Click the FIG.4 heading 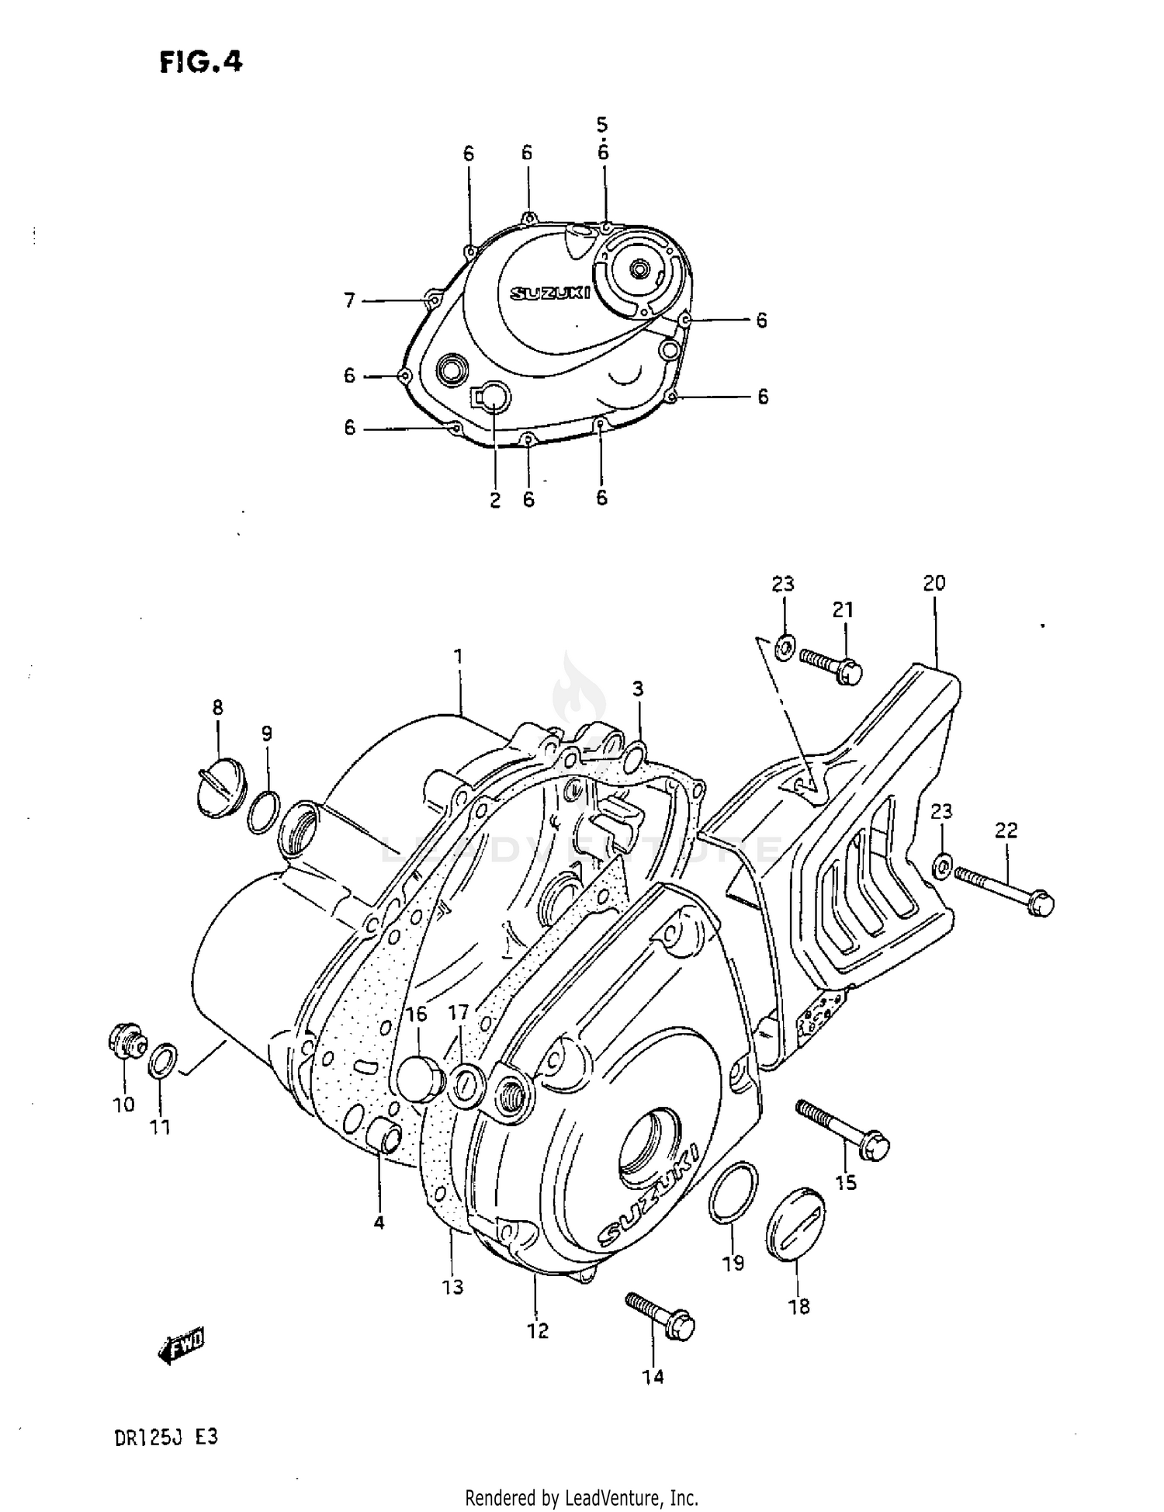201,61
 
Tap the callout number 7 349,300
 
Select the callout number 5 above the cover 602,124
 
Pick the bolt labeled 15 843,1130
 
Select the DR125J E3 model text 166,1437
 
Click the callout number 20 934,582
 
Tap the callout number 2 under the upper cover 495,500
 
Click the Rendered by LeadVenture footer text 581,1497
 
